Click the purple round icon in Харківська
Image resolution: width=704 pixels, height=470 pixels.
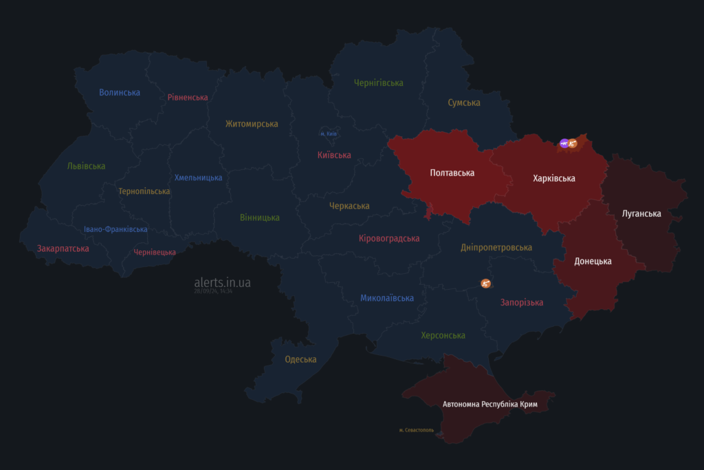point(564,143)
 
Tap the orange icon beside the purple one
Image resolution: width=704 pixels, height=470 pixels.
point(573,143)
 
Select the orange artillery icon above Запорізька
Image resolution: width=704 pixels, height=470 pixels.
point(486,283)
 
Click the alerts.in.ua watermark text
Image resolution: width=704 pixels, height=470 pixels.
point(222,282)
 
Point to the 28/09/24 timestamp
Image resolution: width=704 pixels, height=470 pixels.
point(213,291)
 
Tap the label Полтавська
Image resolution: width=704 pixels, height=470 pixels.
point(452,173)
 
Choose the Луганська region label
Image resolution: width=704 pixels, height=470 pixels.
point(641,213)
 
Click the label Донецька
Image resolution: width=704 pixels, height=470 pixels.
point(593,261)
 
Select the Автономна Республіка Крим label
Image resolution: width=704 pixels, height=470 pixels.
point(489,403)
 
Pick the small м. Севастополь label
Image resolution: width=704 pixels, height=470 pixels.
point(417,430)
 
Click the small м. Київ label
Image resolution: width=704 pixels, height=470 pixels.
point(328,133)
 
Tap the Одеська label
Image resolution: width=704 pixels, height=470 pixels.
point(300,359)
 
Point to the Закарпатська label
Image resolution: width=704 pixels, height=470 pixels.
point(63,248)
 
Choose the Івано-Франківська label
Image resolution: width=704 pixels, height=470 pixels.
point(115,229)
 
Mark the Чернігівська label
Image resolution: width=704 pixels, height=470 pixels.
point(378,83)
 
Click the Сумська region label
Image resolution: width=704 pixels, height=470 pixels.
point(464,103)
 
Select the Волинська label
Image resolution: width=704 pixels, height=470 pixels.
point(120,92)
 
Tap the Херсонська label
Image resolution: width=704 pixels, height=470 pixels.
point(443,335)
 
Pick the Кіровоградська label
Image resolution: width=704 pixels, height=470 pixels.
point(389,238)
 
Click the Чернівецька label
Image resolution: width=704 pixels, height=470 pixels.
point(155,253)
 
